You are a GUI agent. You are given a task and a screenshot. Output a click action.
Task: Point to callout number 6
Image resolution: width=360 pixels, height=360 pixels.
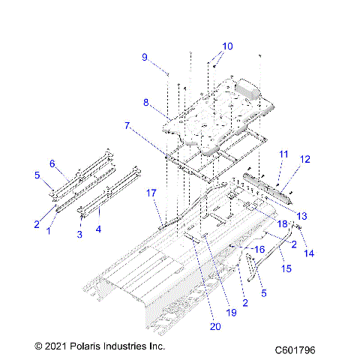[x=52, y=163]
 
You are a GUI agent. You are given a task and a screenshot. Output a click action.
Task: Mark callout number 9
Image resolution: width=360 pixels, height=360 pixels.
[x=145, y=57]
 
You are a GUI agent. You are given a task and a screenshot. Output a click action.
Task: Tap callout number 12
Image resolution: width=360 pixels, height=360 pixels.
[x=304, y=159]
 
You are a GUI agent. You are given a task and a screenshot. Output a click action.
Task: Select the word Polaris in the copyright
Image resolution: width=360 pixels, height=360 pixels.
[x=85, y=346]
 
